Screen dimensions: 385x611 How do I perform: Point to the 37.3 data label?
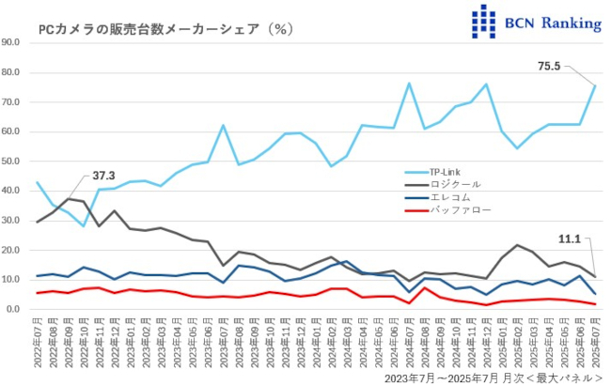(105, 177)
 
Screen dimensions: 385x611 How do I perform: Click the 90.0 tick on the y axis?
(12, 42)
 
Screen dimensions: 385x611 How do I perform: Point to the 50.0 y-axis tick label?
(12, 162)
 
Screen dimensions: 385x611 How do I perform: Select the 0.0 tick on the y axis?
(15, 309)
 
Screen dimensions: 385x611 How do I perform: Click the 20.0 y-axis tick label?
(12, 250)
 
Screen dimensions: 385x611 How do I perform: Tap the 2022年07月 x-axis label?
(37, 344)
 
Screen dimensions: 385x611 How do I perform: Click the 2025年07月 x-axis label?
(595, 344)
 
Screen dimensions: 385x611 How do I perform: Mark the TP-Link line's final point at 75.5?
(595, 86)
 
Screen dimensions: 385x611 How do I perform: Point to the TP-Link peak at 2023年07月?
(224, 125)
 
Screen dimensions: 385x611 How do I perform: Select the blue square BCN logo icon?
(482, 20)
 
